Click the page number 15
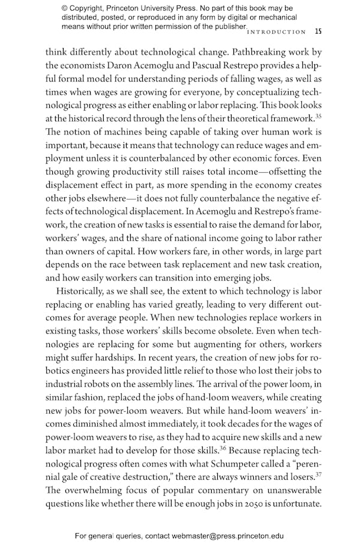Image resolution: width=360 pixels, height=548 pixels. pyautogui.click(x=318, y=31)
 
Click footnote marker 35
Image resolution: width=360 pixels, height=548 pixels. pyautogui.click(x=310, y=116)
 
